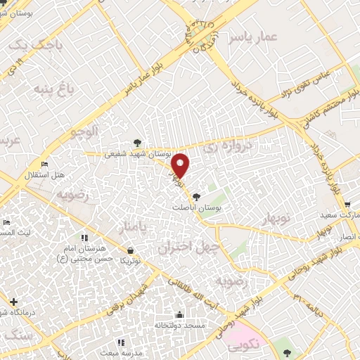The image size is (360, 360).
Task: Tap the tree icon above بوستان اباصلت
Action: (196, 198)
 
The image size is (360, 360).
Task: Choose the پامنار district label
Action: (132, 227)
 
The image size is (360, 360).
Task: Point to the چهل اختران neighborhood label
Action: (184, 248)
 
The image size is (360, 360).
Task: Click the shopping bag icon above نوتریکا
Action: (131, 250)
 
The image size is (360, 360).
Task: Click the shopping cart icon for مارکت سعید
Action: (347, 205)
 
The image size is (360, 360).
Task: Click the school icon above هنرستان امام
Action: (85, 238)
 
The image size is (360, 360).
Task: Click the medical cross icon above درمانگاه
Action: (13, 302)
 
